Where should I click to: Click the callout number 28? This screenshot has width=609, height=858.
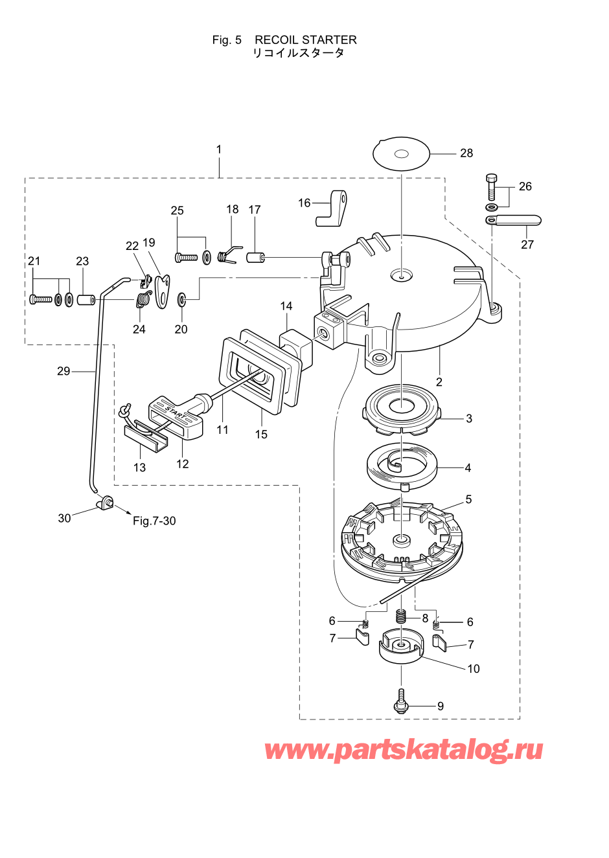tap(466, 153)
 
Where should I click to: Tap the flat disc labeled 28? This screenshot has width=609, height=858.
tap(401, 153)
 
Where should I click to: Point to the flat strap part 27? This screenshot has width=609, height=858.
tap(513, 221)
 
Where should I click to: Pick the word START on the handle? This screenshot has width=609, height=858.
tap(176, 412)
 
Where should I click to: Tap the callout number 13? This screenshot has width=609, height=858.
tap(139, 468)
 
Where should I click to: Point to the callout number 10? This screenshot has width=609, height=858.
tap(474, 669)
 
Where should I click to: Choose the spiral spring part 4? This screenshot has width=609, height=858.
tap(401, 468)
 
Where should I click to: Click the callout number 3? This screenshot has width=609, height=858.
tap(469, 418)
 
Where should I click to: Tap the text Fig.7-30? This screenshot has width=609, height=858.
tap(154, 521)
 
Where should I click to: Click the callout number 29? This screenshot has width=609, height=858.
tap(63, 371)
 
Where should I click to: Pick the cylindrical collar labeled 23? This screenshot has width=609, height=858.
tap(86, 300)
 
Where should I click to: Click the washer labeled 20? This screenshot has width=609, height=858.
tap(181, 298)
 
